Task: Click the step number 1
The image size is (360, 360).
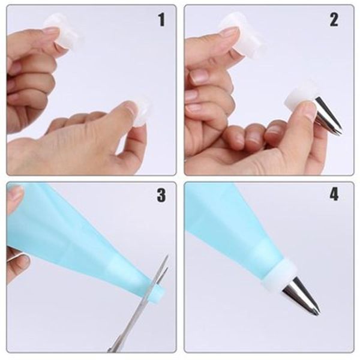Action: tap(161, 20)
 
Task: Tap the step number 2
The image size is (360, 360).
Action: tap(334, 20)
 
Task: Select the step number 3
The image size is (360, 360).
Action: tap(161, 196)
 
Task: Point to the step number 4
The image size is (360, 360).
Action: tap(334, 196)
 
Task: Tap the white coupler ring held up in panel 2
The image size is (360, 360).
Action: tap(243, 36)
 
